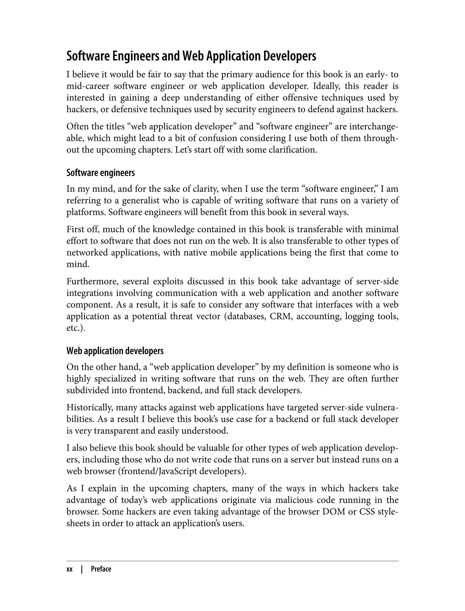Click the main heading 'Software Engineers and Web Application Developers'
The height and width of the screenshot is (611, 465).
[x=191, y=57]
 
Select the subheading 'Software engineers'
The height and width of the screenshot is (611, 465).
[x=101, y=173]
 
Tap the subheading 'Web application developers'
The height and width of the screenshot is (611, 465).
[x=115, y=351]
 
